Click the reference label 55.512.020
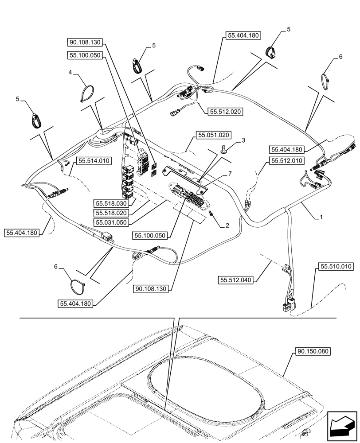tap(224, 112)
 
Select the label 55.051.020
tap(214, 134)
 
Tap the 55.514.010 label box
tap(94, 161)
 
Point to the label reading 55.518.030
tap(111, 203)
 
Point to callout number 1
tap(321, 218)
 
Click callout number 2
tap(227, 225)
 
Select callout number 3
tap(243, 140)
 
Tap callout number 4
tap(70, 72)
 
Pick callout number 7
tap(230, 174)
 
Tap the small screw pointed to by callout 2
tap(211, 214)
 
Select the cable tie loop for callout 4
tap(87, 94)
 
